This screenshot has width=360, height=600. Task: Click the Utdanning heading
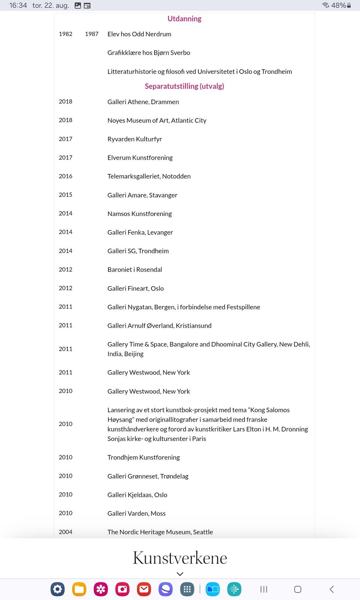tap(184, 19)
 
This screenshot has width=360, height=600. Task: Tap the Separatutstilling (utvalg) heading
tap(184, 86)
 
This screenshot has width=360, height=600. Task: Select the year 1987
tap(91, 34)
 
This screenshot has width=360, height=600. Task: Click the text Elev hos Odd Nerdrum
tap(139, 34)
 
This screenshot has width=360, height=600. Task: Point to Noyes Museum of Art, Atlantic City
tap(157, 120)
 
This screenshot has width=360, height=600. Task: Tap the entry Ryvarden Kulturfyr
tap(135, 139)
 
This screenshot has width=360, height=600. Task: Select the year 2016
tap(66, 176)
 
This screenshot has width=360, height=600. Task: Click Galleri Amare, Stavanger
tap(142, 195)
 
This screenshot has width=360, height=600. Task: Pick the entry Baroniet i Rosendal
tap(135, 270)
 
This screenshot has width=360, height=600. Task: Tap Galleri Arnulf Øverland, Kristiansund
tap(159, 325)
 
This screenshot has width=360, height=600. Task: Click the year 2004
tap(66, 532)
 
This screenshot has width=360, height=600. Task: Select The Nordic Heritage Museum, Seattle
tap(160, 532)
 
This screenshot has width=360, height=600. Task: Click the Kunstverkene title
tap(180, 558)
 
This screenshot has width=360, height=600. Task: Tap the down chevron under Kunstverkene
tap(180, 574)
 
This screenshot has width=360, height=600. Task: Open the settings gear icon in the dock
tap(58, 589)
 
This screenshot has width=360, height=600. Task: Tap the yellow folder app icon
tap(79, 589)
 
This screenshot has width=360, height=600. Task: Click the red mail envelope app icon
tap(144, 589)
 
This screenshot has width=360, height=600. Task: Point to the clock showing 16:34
tap(18, 5)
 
